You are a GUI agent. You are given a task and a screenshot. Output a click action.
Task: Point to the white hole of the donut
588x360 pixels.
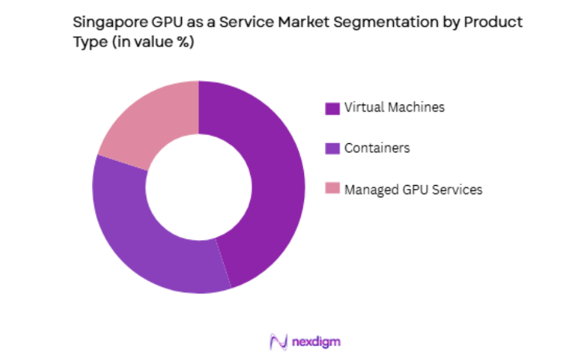pyautogui.click(x=199, y=187)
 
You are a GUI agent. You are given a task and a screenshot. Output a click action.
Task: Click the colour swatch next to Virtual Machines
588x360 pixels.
pyautogui.click(x=332, y=108)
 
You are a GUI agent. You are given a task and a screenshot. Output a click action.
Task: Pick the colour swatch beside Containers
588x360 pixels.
pyautogui.click(x=332, y=149)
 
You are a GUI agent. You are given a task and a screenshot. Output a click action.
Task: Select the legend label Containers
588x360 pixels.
pyautogui.click(x=377, y=148)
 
